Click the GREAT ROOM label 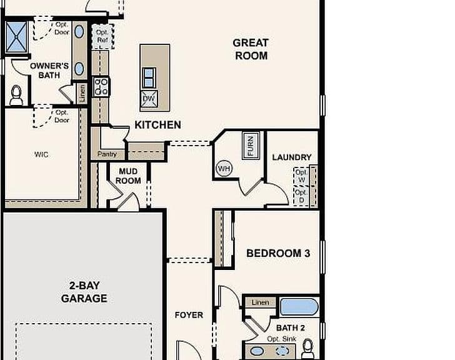tap(251, 49)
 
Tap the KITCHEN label tap(158, 125)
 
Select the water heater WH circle tap(224, 169)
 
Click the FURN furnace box tap(251, 146)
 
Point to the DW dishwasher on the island tap(149, 99)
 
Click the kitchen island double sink tap(149, 78)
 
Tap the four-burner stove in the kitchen tap(101, 87)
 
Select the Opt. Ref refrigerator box tap(102, 36)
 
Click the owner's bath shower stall tap(16, 37)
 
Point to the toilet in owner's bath tap(16, 96)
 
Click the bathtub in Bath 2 tap(299, 307)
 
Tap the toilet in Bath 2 tap(308, 349)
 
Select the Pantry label tap(107, 154)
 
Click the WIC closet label tap(41, 154)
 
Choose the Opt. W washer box tap(301, 176)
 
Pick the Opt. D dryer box tap(301, 196)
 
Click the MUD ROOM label tap(128, 176)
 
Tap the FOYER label tap(189, 315)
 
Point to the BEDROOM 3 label tap(278, 253)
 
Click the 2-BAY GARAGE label tap(84, 292)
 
